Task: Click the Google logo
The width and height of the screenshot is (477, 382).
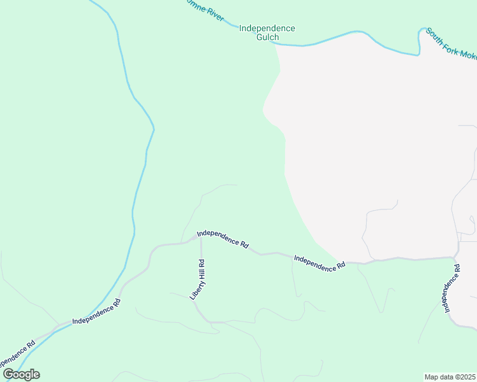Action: (21, 374)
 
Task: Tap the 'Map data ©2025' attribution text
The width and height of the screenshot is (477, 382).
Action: (450, 376)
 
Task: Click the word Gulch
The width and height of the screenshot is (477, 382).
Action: (268, 38)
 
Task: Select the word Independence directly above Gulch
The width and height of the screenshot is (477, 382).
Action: (267, 29)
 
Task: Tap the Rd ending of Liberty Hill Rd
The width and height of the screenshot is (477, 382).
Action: (202, 262)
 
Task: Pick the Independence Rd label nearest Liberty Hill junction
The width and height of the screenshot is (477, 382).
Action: (223, 239)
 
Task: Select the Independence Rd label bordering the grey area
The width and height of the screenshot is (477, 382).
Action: (319, 263)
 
